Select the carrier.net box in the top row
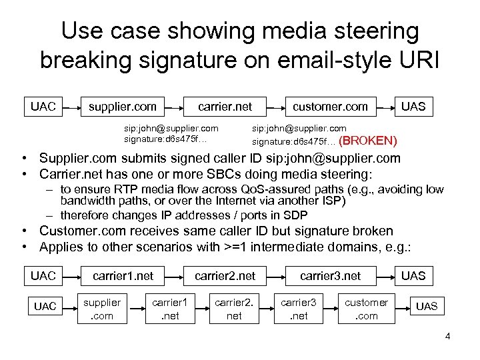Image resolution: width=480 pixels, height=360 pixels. coord(223,106)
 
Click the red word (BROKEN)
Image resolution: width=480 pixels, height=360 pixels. coord(368,141)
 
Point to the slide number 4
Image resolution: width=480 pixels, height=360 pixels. coord(447,336)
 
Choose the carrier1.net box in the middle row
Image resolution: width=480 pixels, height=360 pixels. coord(123,275)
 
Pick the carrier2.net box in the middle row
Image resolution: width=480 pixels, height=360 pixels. coord(225,275)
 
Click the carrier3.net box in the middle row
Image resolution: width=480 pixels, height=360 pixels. coord(330,275)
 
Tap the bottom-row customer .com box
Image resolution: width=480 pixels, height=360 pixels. coord(366,309)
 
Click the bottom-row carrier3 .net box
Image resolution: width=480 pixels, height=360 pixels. coord(298,309)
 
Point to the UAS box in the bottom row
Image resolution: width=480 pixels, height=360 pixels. coord(427,306)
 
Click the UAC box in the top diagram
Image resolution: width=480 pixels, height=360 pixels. coord(43,106)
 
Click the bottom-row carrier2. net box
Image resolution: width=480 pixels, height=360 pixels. coord(234,309)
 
